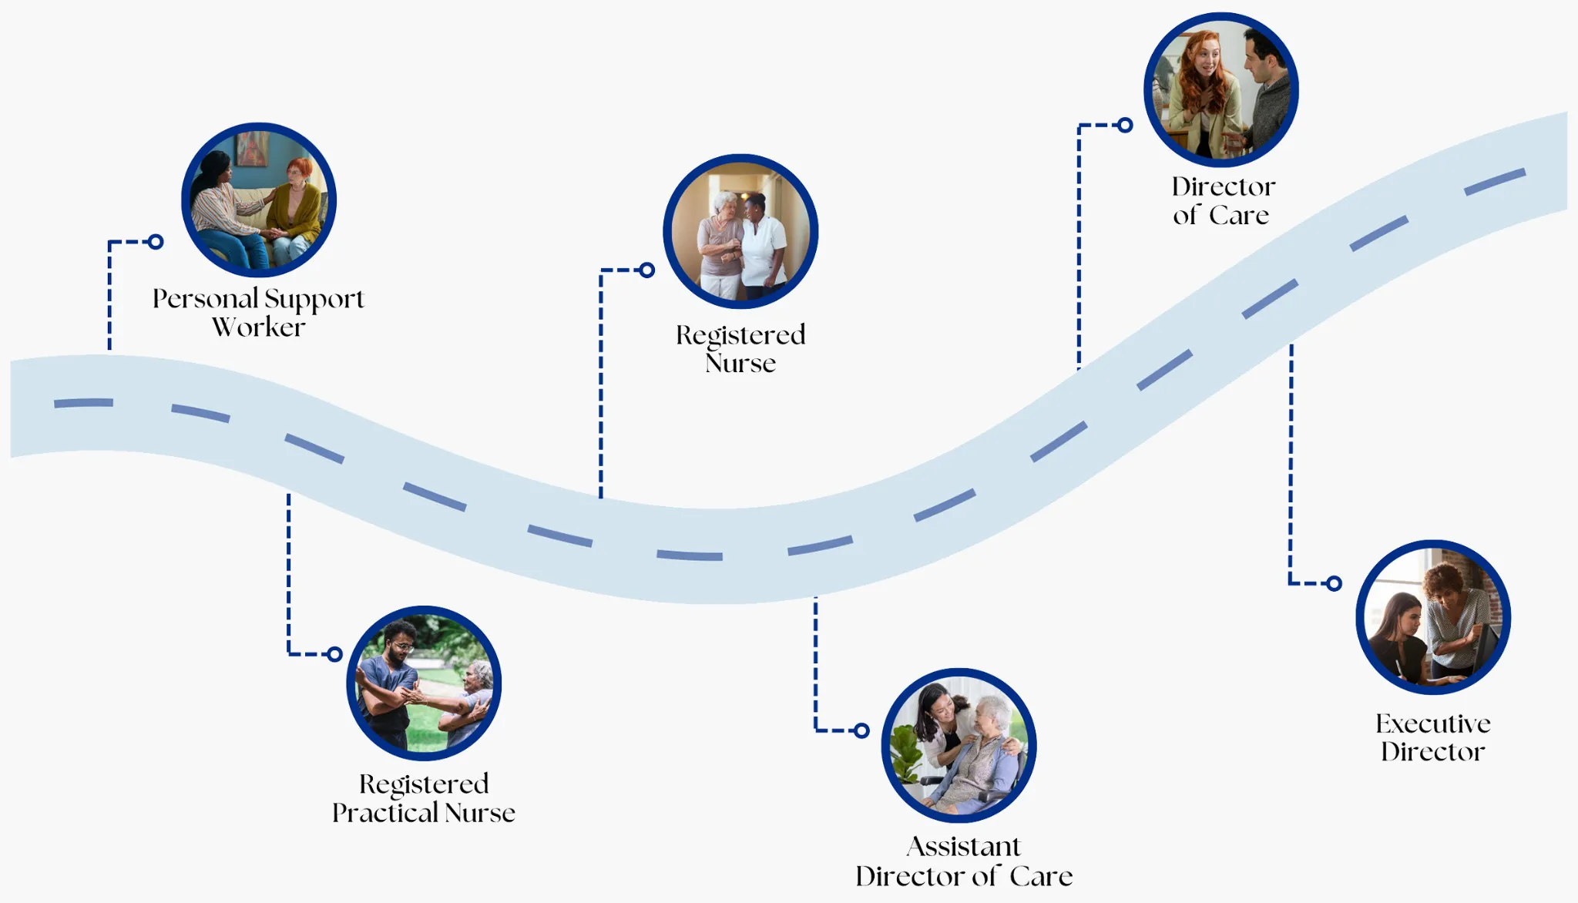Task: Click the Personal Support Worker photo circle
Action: [259, 200]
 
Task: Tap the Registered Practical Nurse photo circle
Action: [424, 683]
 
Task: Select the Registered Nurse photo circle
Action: [740, 231]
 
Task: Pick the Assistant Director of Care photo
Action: [959, 745]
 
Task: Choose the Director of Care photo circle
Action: [1221, 89]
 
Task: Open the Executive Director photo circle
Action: [1433, 617]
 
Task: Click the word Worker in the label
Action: [259, 327]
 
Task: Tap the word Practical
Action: [384, 813]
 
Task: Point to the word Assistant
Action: [963, 847]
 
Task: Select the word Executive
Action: [1433, 723]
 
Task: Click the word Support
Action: [314, 300]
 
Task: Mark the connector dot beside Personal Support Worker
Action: [156, 242]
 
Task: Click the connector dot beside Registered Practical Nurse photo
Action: [334, 654]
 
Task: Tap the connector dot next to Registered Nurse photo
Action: [647, 270]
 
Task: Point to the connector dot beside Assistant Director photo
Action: [861, 730]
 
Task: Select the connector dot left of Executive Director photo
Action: [1335, 583]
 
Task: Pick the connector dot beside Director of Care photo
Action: [1125, 125]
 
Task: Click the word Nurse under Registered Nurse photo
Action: [740, 363]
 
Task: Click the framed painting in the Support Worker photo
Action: [251, 148]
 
